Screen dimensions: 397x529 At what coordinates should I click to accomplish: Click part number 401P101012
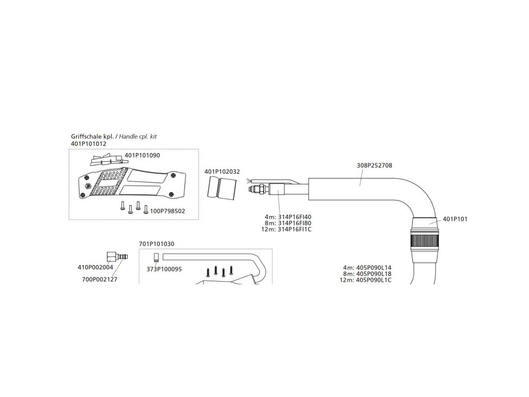[88, 144]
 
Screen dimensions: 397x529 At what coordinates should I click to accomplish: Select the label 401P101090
[143, 155]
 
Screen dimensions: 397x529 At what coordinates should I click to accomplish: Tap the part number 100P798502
[167, 211]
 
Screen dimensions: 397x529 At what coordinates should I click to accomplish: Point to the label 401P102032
[222, 172]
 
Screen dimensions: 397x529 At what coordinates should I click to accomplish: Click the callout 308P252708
[375, 166]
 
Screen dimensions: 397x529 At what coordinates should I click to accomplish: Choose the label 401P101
[455, 219]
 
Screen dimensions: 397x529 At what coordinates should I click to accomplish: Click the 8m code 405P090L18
[374, 274]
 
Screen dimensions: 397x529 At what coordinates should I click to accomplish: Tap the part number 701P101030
[157, 244]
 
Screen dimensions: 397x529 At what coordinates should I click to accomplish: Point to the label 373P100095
[164, 269]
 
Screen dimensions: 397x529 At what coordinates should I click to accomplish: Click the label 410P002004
[95, 268]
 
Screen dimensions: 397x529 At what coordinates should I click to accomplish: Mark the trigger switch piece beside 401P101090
[107, 160]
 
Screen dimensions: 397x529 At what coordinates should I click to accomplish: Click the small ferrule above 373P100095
[155, 257]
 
